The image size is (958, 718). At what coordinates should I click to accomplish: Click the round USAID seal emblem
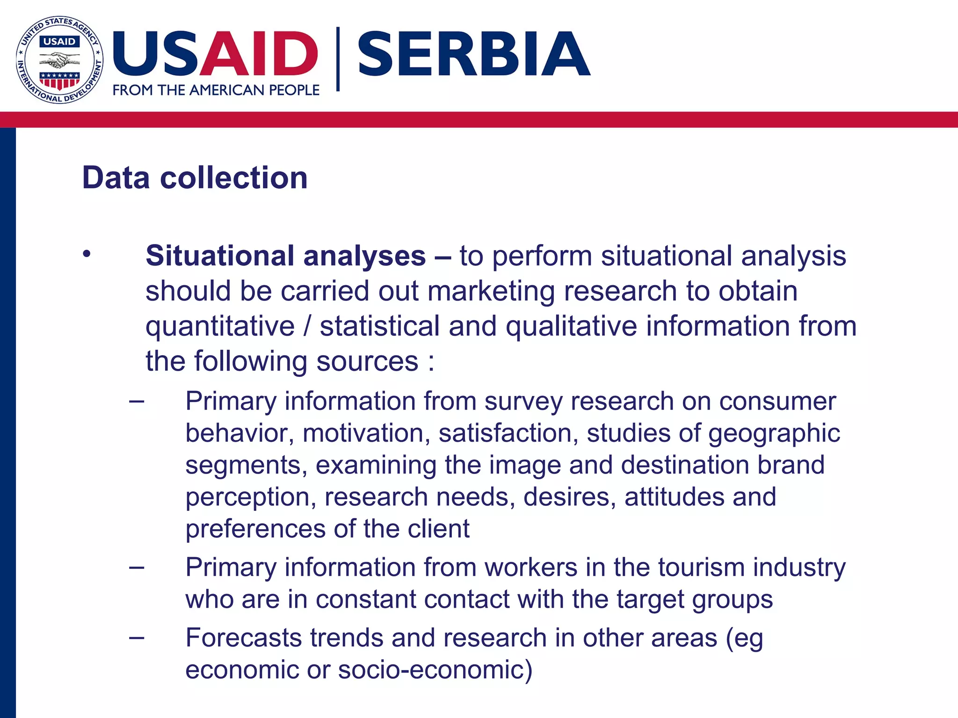click(x=59, y=60)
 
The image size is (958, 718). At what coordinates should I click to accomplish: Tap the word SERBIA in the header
click(x=473, y=54)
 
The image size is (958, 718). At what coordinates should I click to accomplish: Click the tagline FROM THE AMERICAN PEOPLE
click(x=216, y=90)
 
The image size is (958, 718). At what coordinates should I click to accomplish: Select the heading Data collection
click(x=195, y=178)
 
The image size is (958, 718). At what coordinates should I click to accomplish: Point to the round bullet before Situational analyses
click(x=87, y=254)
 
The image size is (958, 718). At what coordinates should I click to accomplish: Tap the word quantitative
click(x=220, y=327)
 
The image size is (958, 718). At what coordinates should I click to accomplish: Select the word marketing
click(x=491, y=291)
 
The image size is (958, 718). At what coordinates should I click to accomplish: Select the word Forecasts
click(x=243, y=638)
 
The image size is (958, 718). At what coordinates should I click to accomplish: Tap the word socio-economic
click(x=435, y=669)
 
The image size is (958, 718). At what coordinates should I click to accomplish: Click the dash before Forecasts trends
click(x=137, y=637)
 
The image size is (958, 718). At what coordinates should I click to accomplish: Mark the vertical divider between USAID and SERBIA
click(x=338, y=59)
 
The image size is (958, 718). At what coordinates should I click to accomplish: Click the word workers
click(x=531, y=567)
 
